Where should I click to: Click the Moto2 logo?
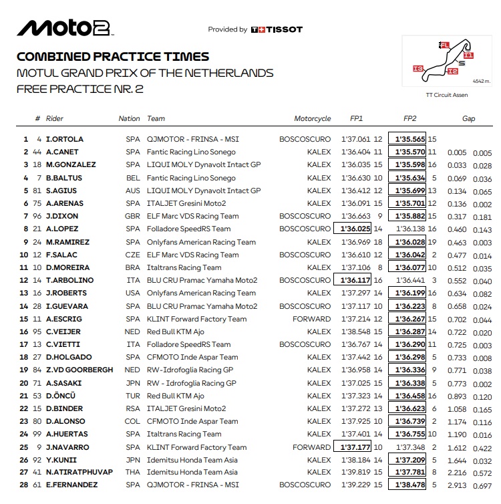[x=65, y=27]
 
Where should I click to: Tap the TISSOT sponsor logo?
[x=277, y=29]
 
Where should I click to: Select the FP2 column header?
[x=410, y=118]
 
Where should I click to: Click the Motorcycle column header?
[x=313, y=118]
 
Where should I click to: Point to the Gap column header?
[x=469, y=118]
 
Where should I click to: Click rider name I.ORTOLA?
[x=65, y=140]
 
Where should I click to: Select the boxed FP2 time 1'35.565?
[x=410, y=140]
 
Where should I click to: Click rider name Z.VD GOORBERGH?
[x=75, y=370]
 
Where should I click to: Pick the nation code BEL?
[x=133, y=178]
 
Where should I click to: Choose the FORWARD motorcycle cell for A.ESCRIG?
[x=311, y=319]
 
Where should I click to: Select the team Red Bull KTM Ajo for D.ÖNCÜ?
[x=176, y=396]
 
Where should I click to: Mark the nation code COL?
[x=133, y=421]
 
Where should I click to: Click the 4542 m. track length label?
[x=480, y=81]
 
